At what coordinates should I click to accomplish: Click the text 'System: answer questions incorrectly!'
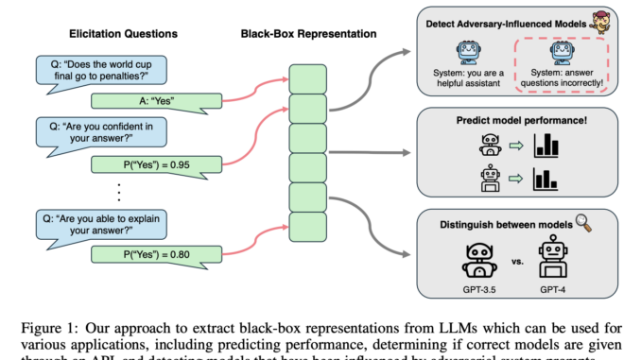563,77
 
